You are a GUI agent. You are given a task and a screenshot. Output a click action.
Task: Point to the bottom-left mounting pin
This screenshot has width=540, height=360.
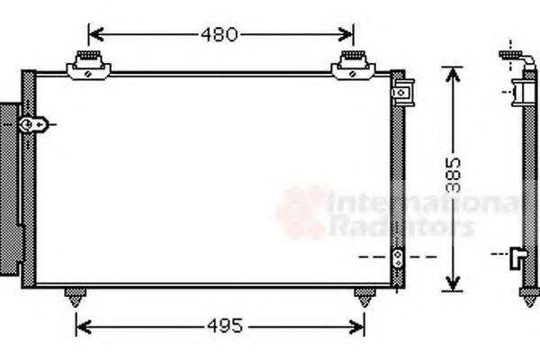[75, 296]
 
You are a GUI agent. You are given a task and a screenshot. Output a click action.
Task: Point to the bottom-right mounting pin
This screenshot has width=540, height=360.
[364, 296]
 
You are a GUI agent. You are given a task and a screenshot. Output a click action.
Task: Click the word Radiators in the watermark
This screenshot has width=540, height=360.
[400, 227]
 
